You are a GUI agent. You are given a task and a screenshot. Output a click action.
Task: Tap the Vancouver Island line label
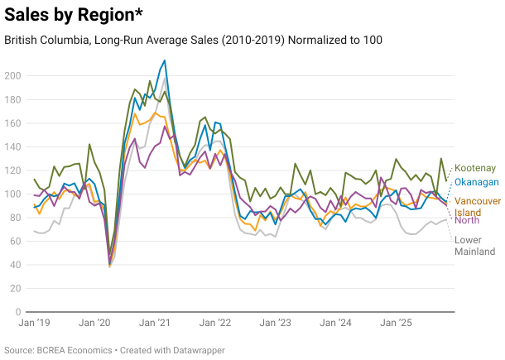[x=478, y=207]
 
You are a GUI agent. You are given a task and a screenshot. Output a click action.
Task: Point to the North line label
[x=467, y=220]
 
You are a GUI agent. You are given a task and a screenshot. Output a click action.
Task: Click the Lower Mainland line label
[x=474, y=245]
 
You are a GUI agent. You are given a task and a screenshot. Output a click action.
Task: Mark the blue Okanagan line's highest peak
[x=165, y=60]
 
